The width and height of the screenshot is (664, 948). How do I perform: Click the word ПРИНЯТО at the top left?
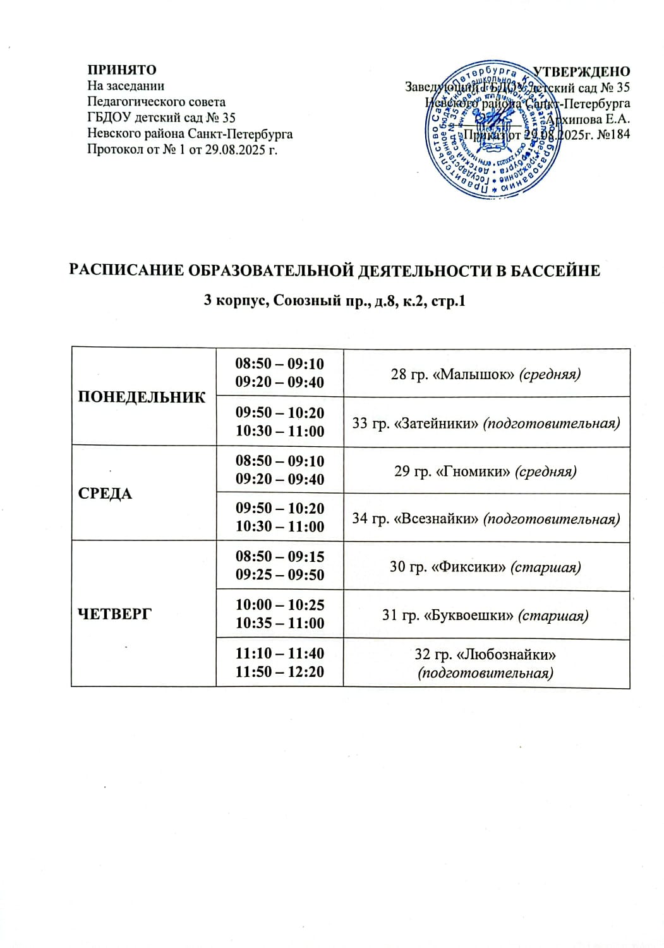tap(121, 70)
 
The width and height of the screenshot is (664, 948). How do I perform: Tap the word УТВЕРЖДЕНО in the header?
tap(582, 71)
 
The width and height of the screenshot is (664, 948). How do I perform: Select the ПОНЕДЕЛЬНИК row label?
tap(142, 397)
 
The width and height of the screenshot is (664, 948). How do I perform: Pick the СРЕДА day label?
tap(105, 494)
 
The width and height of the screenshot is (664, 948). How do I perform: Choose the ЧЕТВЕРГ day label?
tap(114, 613)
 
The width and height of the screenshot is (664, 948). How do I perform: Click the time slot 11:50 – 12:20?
tap(280, 671)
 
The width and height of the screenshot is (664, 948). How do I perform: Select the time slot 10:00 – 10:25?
tap(280, 604)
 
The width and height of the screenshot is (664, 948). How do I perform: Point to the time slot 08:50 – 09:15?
tap(280, 556)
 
